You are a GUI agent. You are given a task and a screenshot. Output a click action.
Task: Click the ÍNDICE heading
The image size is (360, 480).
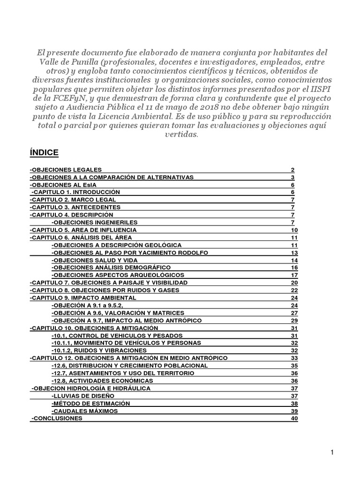[44, 152]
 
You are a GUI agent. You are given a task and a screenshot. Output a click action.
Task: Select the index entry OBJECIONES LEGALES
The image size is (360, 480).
[66, 170]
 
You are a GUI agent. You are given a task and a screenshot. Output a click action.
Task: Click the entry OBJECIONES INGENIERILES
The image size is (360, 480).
[94, 222]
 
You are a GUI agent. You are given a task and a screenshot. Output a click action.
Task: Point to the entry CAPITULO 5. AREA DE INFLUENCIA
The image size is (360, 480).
[83, 230]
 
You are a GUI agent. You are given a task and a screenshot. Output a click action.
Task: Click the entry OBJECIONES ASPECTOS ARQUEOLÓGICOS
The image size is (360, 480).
[118, 275]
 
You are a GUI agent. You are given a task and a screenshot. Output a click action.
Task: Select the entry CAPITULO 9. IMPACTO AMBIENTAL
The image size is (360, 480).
[83, 298]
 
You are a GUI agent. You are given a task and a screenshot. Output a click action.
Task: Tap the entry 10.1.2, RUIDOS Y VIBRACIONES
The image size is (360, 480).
[99, 350]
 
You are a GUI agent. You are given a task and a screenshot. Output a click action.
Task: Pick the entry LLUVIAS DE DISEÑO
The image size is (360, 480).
[82, 396]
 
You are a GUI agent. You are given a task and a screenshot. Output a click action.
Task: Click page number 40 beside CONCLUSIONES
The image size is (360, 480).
[294, 419]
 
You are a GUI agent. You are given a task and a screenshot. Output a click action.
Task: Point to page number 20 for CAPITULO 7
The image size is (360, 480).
[294, 283]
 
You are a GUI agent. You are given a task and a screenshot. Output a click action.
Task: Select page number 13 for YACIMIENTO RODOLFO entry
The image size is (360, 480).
[294, 253]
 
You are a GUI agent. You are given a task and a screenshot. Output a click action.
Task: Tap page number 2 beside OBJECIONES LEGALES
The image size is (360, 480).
[292, 170]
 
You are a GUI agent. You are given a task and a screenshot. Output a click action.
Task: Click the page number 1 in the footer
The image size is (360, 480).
[332, 452]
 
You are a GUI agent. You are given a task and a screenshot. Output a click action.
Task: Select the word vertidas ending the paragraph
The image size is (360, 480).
[180, 134]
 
